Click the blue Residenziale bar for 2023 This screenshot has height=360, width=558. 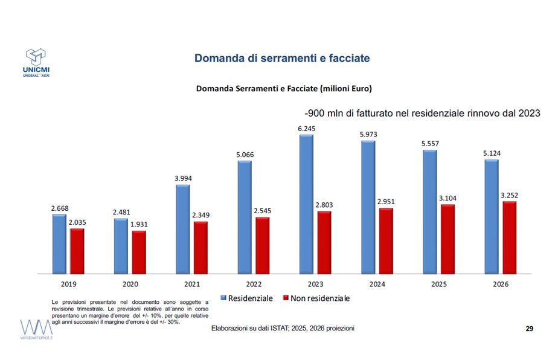[x=306, y=204]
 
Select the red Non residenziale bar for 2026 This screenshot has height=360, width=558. [x=510, y=237]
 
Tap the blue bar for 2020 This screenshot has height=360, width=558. [x=121, y=245]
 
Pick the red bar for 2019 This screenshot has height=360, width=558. [x=77, y=250]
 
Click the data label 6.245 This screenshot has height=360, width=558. [x=306, y=128]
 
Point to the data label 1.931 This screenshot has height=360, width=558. [x=139, y=224]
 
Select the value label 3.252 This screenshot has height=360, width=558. [x=509, y=195]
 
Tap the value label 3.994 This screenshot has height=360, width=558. [x=182, y=178]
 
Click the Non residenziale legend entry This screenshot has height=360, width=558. [x=316, y=298]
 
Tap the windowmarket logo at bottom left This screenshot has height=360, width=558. [x=37, y=332]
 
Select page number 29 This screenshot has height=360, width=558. [x=529, y=328]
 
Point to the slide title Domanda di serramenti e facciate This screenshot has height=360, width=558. [x=281, y=59]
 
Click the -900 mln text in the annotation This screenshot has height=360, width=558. [x=325, y=113]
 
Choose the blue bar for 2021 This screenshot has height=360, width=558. [x=182, y=228]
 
